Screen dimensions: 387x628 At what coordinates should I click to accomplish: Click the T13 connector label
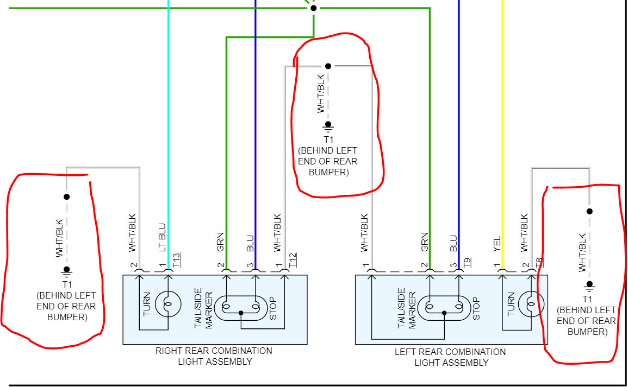click(176, 259)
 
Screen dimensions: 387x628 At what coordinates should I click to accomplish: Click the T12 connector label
click(293, 259)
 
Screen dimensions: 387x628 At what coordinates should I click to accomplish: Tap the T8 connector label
click(539, 263)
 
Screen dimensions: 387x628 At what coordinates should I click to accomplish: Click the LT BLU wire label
click(161, 237)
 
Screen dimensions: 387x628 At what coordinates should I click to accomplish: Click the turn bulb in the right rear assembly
click(168, 304)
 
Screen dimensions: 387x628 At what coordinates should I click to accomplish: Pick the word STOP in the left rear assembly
click(476, 307)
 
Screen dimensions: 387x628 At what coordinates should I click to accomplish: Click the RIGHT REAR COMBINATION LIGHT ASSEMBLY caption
click(214, 356)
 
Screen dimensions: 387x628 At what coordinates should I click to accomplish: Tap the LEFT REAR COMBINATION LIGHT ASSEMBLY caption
click(451, 357)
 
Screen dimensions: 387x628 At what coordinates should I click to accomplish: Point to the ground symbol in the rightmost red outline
click(588, 284)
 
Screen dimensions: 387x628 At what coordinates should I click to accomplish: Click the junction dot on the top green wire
click(313, 8)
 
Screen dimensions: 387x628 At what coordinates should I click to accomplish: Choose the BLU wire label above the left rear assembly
click(453, 243)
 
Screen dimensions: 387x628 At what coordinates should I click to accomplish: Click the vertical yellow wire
click(502, 109)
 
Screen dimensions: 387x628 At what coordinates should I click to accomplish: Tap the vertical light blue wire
click(168, 109)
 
